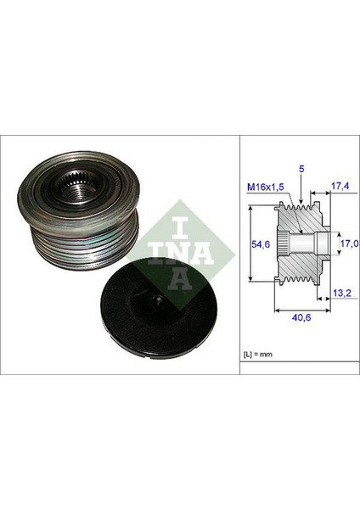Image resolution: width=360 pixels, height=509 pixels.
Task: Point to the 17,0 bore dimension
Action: pyautogui.click(x=348, y=243)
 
